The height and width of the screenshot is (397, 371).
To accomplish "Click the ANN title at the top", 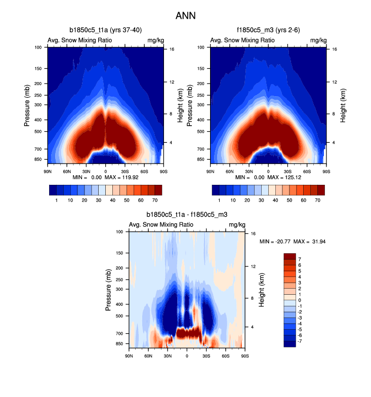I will [185, 16].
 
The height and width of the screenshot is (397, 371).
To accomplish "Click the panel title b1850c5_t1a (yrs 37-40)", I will [105, 30].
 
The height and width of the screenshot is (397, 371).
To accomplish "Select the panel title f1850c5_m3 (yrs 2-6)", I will [268, 30].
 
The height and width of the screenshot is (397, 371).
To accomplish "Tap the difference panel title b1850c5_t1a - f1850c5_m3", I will [187, 215].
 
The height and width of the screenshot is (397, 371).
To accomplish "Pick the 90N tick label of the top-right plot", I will [210, 172].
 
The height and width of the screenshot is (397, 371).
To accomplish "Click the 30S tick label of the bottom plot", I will [206, 356].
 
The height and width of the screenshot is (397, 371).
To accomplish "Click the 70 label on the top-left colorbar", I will [155, 201].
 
